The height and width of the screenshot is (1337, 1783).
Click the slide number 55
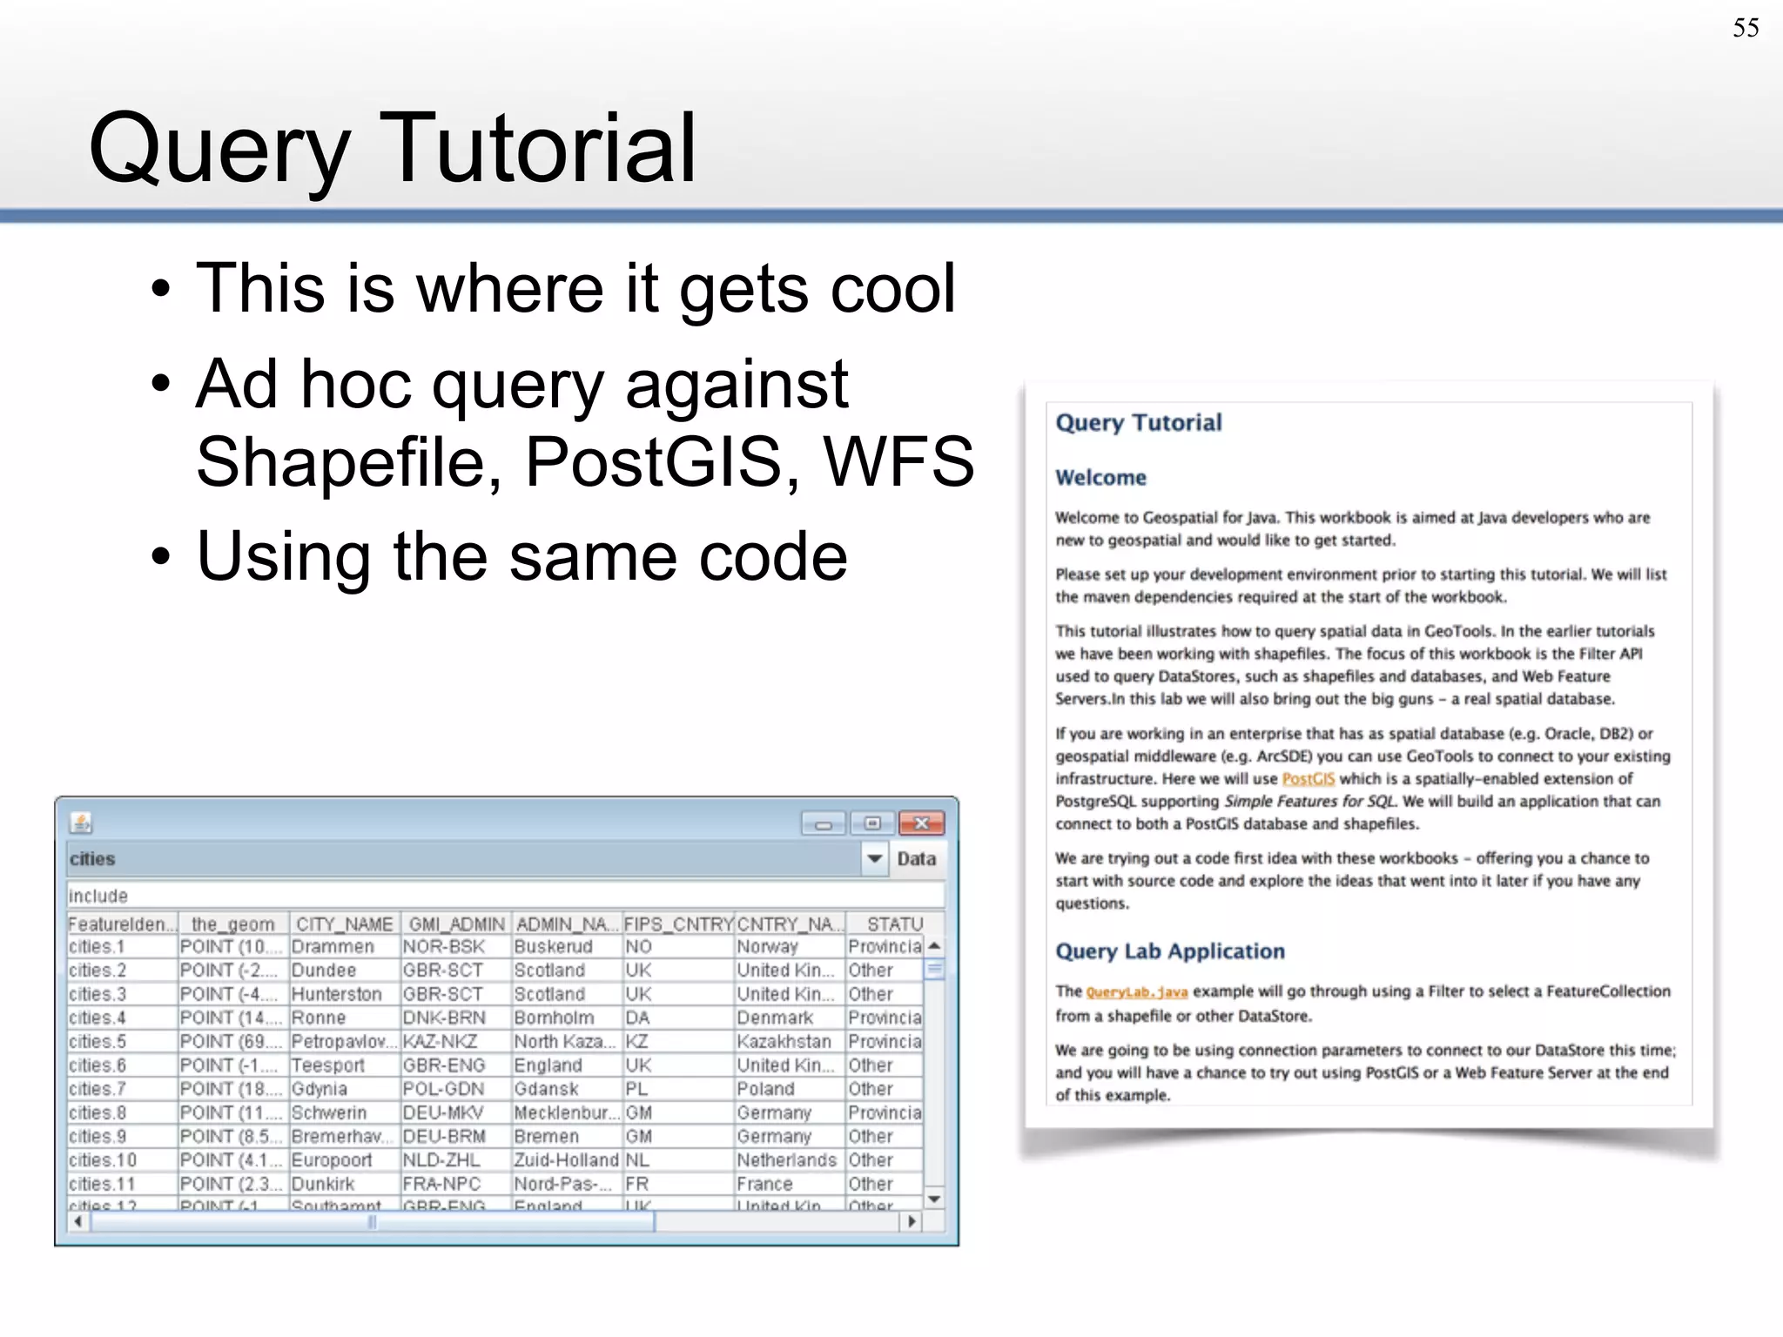(1745, 28)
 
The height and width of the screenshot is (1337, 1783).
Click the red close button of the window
(921, 823)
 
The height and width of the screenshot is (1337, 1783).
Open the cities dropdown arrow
(874, 859)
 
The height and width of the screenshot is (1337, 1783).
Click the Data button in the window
(916, 859)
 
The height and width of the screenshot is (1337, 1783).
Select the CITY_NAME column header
(345, 924)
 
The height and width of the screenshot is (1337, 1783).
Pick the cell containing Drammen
(333, 947)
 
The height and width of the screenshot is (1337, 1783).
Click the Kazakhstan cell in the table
(784, 1042)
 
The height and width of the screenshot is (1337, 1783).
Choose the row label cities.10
(103, 1160)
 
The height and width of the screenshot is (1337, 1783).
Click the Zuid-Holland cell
(566, 1160)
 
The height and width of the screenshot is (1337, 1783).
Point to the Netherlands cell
(786, 1160)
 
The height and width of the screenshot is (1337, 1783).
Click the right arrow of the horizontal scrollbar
(911, 1221)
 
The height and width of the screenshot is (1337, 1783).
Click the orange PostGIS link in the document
(1308, 779)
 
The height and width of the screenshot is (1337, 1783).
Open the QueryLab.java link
(1136, 992)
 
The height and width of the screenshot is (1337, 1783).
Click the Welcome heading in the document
(1100, 478)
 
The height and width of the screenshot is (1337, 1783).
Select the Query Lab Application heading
(1169, 951)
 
